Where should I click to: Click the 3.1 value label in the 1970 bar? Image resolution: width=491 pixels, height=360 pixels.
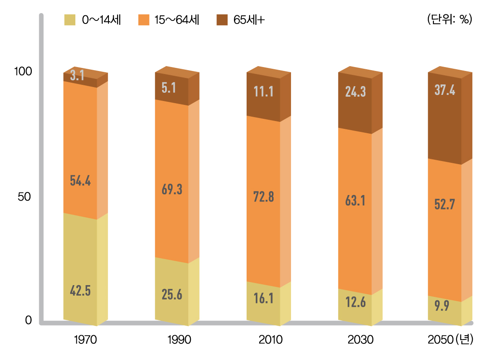[77, 76]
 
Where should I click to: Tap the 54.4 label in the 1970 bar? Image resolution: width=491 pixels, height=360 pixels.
[80, 181]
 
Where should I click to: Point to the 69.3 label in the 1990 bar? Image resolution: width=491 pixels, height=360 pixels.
[172, 189]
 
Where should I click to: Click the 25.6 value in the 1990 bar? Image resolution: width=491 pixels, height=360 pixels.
[172, 295]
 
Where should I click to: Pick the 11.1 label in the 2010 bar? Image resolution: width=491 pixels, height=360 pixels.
[263, 91]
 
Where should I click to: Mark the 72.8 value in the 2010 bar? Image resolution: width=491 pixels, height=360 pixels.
[263, 197]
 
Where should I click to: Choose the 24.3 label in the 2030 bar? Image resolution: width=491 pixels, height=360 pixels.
[355, 91]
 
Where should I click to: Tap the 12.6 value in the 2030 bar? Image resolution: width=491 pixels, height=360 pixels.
[355, 302]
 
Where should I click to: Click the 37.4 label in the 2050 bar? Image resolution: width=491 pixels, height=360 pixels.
[445, 90]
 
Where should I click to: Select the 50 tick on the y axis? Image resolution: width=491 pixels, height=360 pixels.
[24, 197]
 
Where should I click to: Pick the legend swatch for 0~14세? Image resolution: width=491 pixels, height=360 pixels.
[70, 20]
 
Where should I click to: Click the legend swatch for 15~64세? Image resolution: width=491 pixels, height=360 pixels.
[144, 20]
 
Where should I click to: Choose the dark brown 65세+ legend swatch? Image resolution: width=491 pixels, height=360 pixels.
[222, 20]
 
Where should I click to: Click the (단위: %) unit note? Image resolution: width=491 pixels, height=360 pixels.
[450, 20]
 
